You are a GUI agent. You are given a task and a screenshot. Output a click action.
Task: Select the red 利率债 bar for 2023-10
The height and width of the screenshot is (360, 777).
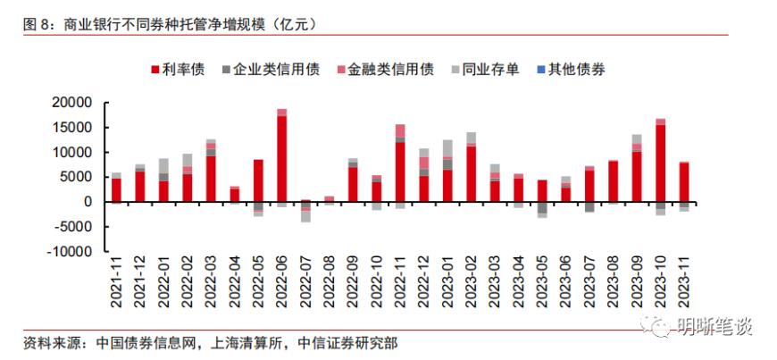(660, 163)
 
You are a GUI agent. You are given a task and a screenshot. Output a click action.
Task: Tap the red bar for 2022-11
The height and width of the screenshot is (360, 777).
(400, 172)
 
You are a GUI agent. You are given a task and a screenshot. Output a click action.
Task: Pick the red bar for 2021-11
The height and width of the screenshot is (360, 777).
(116, 190)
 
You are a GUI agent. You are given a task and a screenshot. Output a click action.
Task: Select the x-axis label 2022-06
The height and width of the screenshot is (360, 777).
(282, 282)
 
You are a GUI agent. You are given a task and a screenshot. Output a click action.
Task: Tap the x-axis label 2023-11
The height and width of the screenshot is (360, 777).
(684, 282)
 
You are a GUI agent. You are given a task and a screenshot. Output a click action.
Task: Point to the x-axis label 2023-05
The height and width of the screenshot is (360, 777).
(542, 282)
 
